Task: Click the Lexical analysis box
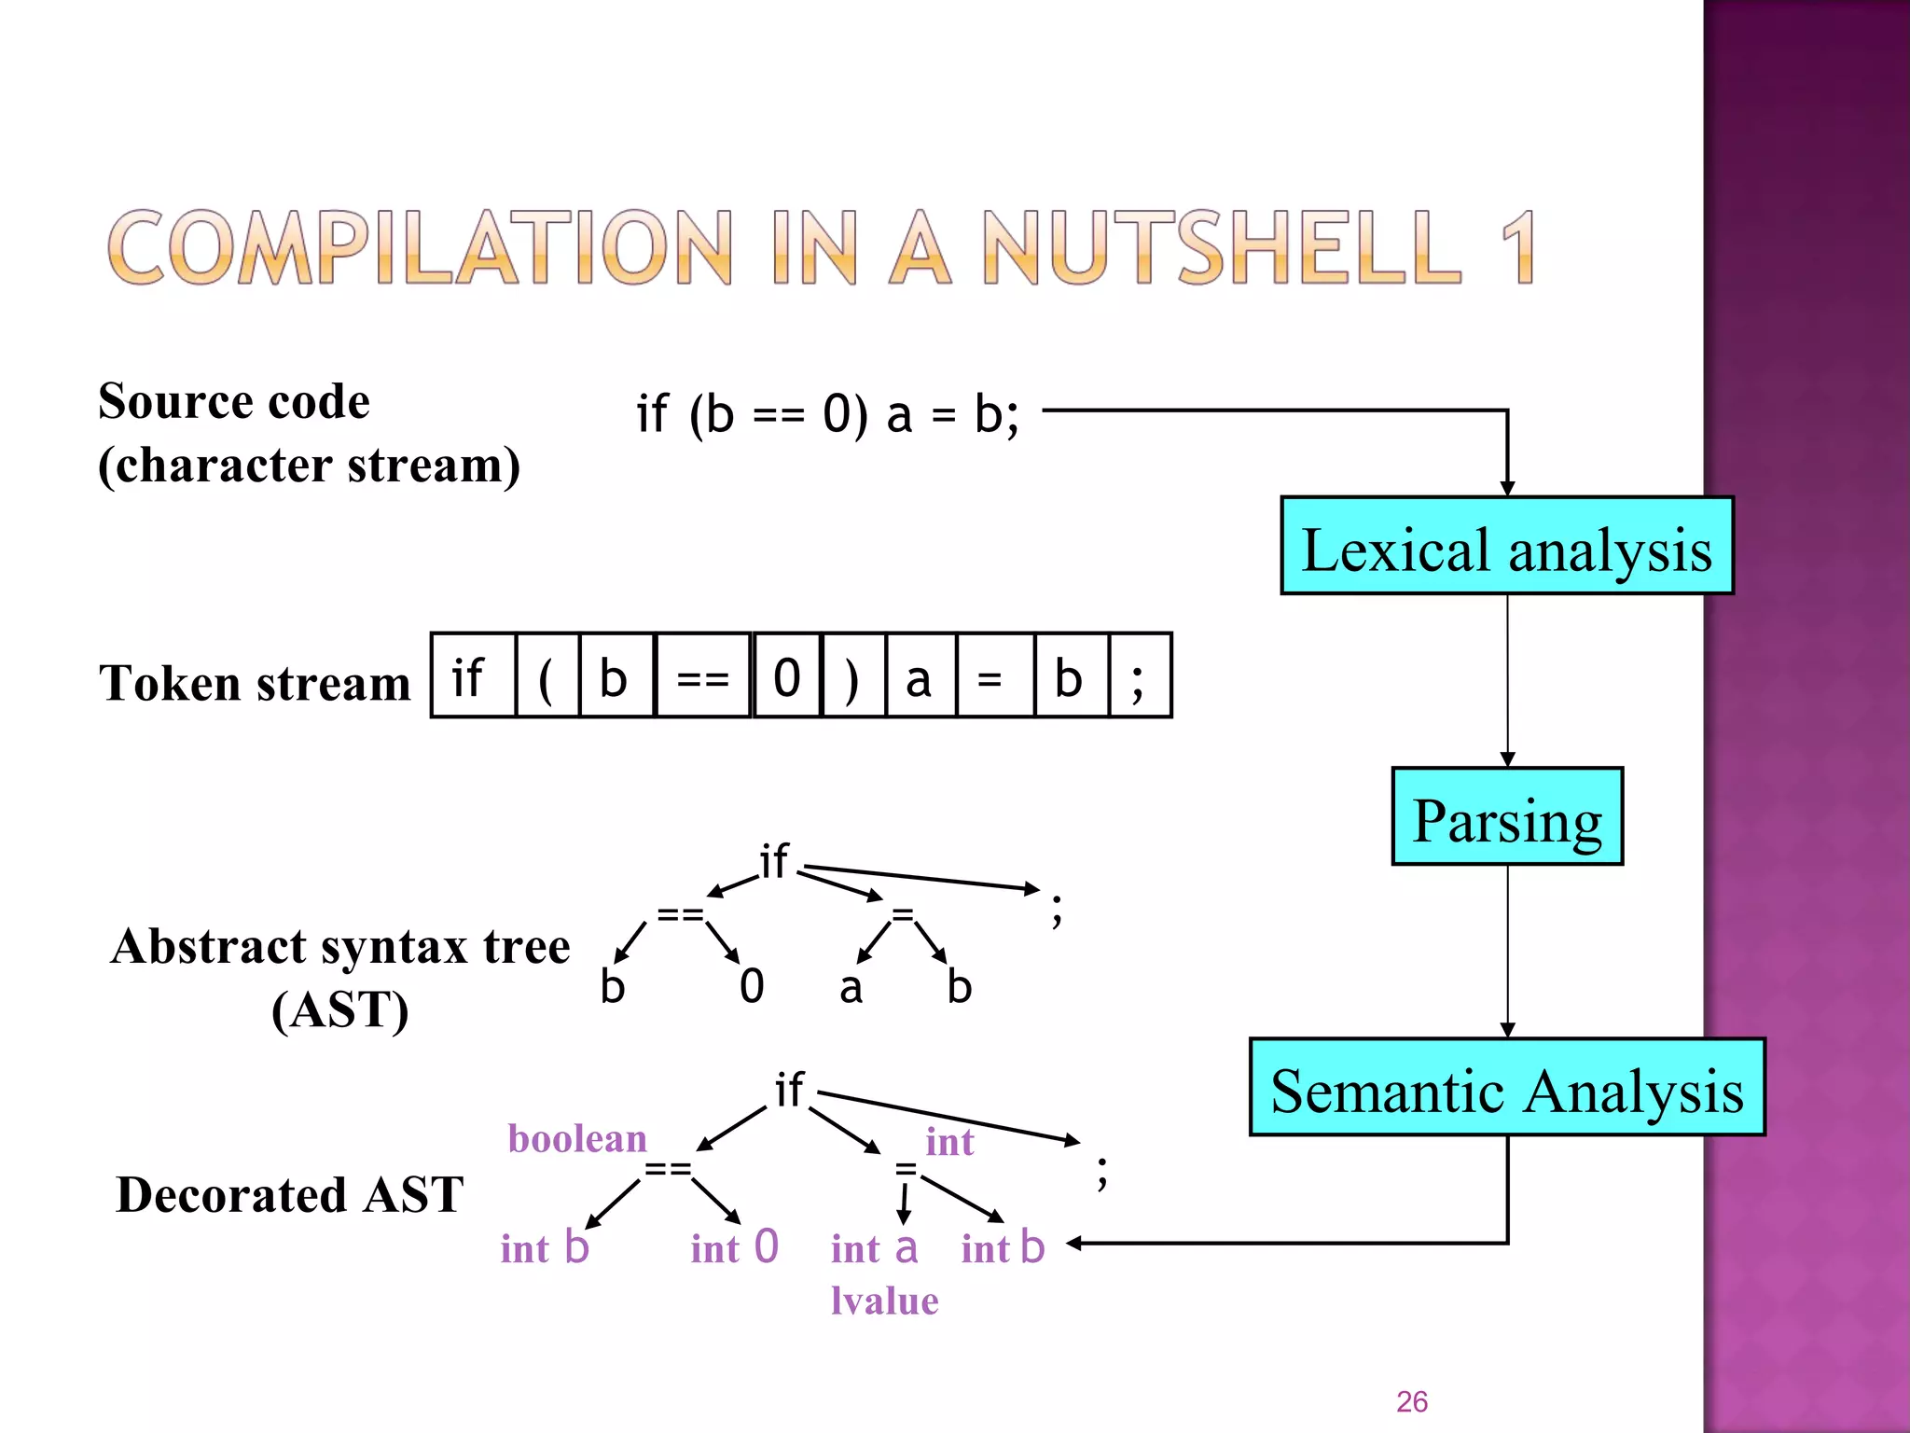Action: tap(1506, 546)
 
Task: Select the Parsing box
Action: tap(1506, 817)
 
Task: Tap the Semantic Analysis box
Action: tap(1506, 1088)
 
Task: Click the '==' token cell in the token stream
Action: tap(702, 676)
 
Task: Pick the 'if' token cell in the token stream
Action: tap(472, 676)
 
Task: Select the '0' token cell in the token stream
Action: tap(787, 676)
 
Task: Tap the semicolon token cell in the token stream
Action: tap(1139, 676)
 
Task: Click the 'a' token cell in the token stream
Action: tap(920, 676)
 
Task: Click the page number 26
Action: tap(1411, 1401)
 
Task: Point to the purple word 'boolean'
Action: tap(577, 1139)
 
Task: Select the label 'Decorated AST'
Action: tap(289, 1195)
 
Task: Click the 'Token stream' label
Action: tap(255, 683)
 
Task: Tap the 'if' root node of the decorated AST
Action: tap(789, 1090)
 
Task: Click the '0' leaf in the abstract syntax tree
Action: tap(752, 986)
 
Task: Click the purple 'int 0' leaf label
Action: tap(734, 1247)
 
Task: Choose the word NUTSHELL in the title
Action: tap(1223, 247)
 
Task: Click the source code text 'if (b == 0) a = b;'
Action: tap(828, 413)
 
